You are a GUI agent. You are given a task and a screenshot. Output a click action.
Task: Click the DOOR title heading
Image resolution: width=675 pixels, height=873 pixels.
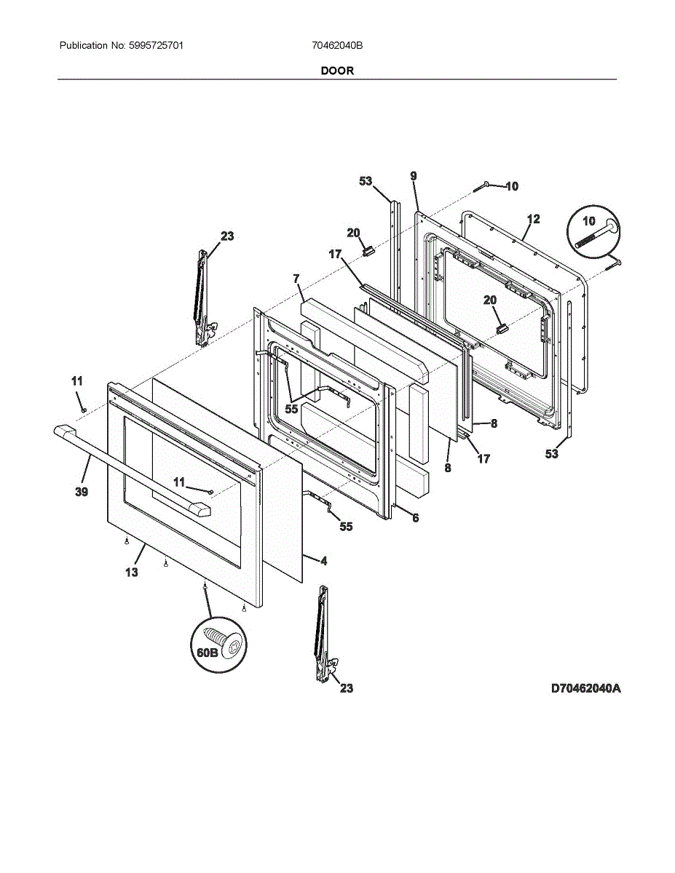coord(337,71)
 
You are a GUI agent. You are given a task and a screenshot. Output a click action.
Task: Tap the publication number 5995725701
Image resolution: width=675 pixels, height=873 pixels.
coord(156,45)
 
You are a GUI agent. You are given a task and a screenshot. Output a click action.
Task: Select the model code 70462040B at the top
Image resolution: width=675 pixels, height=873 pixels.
coord(337,45)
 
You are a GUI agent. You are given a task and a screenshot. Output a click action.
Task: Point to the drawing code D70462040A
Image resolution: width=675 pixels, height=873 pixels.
coord(585,689)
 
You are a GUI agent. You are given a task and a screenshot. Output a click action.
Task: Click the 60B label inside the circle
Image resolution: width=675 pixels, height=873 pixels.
coord(207,653)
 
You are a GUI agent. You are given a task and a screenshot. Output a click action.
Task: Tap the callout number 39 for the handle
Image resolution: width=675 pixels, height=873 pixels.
coord(82,492)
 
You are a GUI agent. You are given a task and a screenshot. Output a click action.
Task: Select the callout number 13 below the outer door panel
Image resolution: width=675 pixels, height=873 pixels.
coord(132,572)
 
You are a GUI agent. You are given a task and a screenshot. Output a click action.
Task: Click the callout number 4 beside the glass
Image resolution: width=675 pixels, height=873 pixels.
coord(323,560)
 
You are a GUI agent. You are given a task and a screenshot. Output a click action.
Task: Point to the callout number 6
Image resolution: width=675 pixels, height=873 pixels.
coord(415,518)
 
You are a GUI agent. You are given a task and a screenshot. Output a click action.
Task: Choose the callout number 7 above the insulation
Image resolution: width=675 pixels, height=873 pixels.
coord(296,279)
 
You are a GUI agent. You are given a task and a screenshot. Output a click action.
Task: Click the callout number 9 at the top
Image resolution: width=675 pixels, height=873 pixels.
coord(414,176)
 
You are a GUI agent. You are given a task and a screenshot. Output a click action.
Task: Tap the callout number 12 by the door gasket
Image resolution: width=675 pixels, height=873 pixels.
coord(533,220)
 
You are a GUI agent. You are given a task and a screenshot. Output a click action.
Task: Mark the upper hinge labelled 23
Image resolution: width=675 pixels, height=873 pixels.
coord(203,298)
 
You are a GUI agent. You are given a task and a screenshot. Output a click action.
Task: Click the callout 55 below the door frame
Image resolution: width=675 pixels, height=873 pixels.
coord(346,526)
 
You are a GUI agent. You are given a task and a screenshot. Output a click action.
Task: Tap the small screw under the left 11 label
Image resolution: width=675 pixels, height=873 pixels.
coord(84,410)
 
